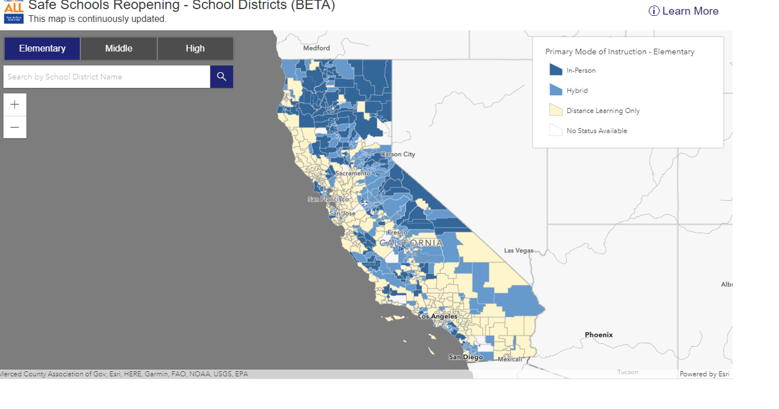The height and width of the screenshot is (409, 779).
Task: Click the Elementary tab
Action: (42, 49)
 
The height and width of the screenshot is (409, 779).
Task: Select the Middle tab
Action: (119, 49)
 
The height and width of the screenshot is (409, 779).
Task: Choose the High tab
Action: (195, 49)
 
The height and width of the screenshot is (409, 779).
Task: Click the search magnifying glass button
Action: (222, 77)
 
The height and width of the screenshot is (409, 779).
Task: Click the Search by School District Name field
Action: (107, 77)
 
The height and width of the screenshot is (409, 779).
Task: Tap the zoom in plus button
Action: (15, 105)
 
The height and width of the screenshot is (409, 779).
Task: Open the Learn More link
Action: (684, 11)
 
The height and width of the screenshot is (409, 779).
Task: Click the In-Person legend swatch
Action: (556, 70)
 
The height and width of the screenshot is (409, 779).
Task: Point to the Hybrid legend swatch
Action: (556, 90)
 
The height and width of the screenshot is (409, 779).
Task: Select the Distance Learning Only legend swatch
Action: (556, 110)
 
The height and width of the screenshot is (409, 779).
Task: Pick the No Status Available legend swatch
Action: (556, 131)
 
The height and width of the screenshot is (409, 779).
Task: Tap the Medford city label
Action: (316, 48)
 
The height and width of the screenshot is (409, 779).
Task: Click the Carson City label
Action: (398, 154)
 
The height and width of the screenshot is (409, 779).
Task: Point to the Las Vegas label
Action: (518, 250)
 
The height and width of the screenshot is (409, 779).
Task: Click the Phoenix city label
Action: (598, 335)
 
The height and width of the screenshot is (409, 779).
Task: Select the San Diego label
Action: (466, 357)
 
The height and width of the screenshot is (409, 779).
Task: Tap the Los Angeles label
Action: (437, 316)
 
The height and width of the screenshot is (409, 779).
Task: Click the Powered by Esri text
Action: (704, 374)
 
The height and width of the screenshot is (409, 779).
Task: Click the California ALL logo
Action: (13, 12)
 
